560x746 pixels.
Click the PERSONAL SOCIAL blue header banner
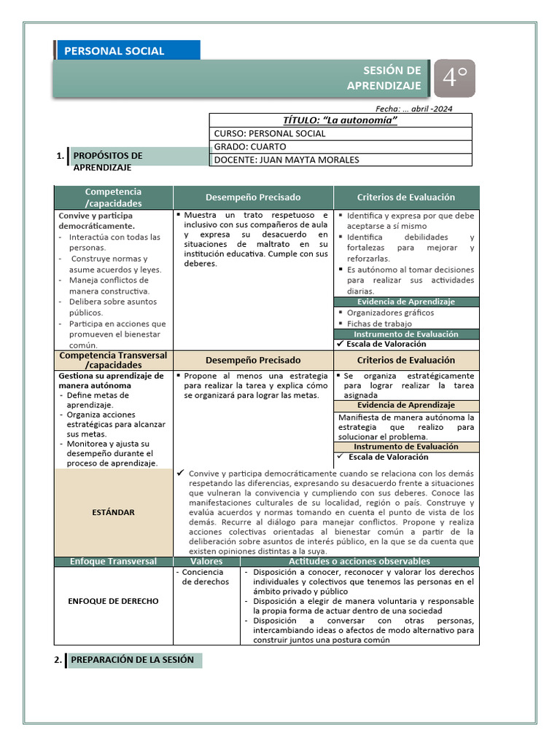pyautogui.click(x=128, y=51)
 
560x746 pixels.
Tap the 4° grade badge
pyautogui.click(x=454, y=78)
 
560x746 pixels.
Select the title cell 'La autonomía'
pyautogui.click(x=341, y=120)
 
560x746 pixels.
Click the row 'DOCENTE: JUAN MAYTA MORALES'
pyautogui.click(x=341, y=160)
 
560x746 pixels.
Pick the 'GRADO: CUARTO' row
pyautogui.click(x=341, y=147)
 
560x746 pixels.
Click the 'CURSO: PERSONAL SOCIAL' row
pyautogui.click(x=341, y=134)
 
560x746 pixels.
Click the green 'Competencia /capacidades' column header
pyautogui.click(x=113, y=197)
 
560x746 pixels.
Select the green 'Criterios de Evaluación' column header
pyautogui.click(x=406, y=197)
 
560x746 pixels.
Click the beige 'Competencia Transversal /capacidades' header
pyautogui.click(x=113, y=360)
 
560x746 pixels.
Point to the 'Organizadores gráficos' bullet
pyautogui.click(x=390, y=313)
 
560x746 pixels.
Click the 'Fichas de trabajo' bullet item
pyautogui.click(x=379, y=323)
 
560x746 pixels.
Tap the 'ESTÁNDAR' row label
pyautogui.click(x=113, y=512)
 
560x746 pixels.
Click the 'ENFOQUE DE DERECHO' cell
pyautogui.click(x=113, y=601)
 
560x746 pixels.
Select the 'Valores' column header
pyautogui.click(x=206, y=562)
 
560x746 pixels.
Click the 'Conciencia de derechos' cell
pyautogui.click(x=206, y=577)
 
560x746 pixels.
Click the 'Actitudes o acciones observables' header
pyautogui.click(x=359, y=562)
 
